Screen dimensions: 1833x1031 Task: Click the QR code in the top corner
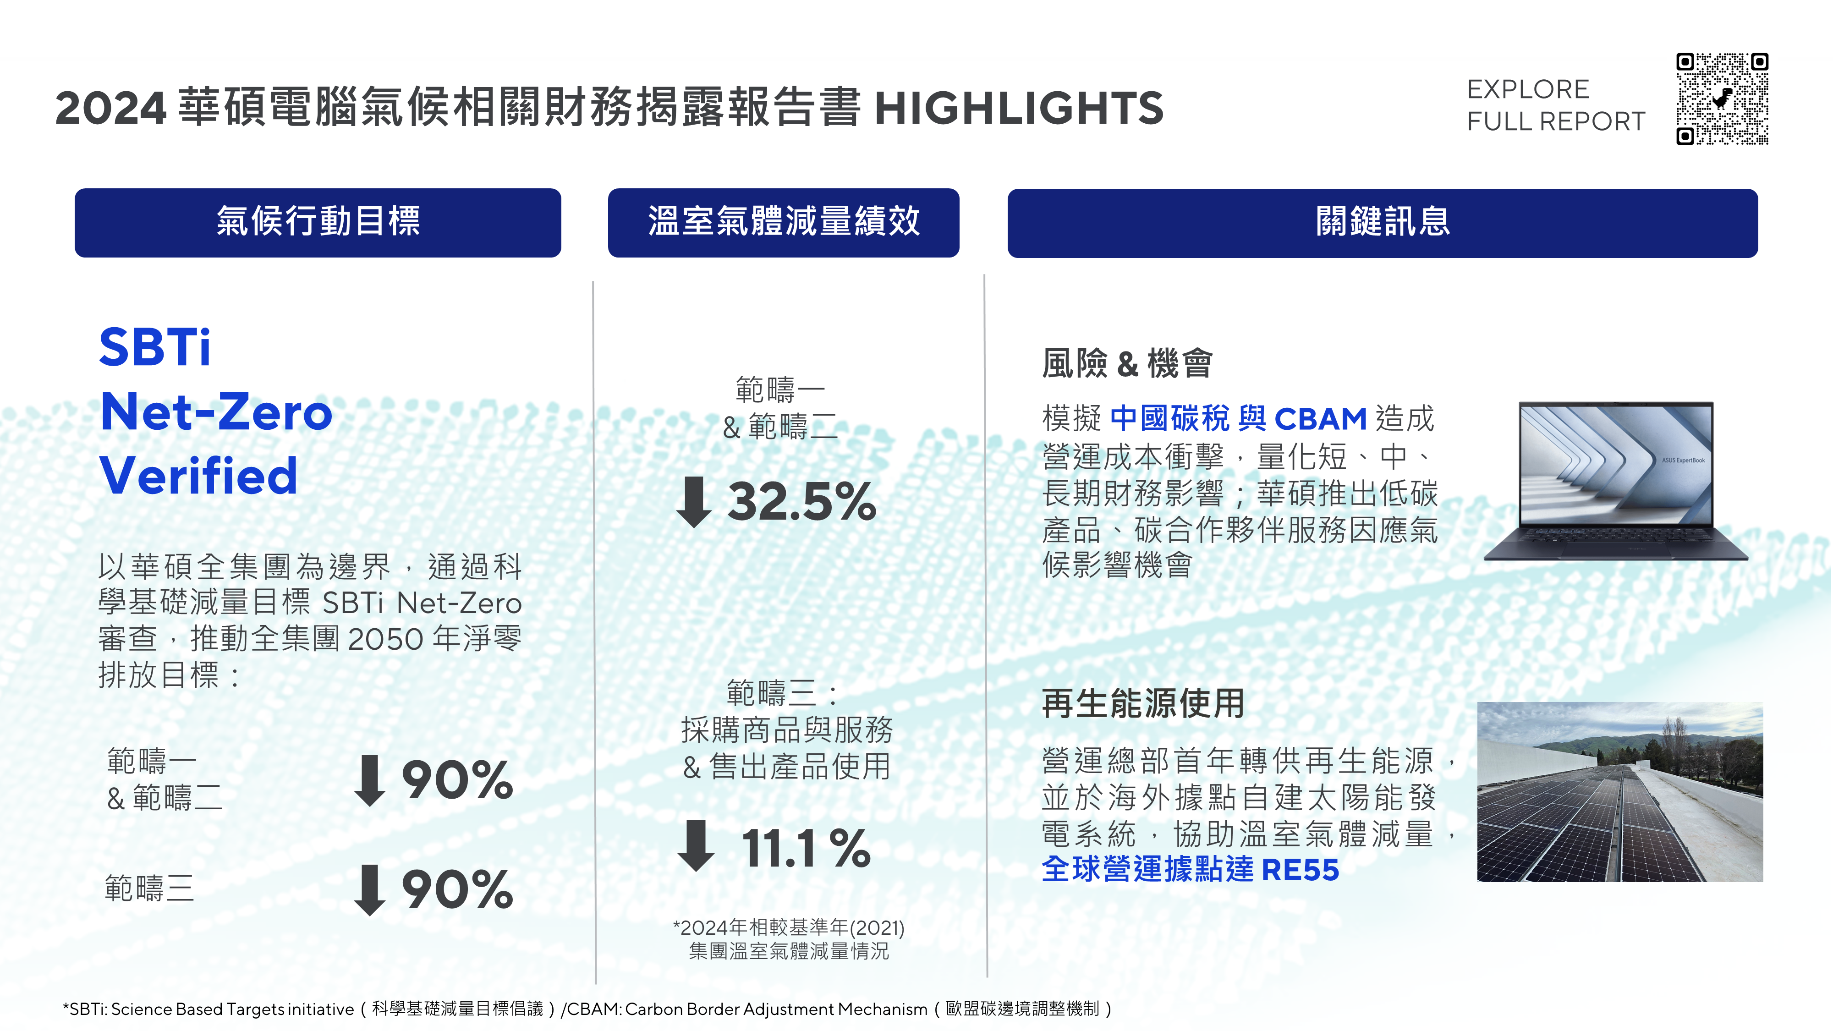(1722, 98)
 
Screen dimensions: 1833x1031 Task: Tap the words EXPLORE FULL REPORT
(1556, 105)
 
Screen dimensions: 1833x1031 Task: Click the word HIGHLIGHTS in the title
(1019, 108)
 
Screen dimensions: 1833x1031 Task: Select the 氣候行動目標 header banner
(318, 223)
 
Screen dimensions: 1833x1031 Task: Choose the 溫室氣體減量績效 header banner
(784, 223)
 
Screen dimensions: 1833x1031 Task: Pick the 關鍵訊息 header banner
(1383, 223)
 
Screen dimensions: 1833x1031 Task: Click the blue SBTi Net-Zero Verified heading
(215, 411)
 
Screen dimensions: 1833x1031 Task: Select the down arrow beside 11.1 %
(696, 846)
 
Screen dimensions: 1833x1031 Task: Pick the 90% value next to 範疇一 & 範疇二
(457, 780)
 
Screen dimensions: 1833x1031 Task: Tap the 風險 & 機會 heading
(1127, 363)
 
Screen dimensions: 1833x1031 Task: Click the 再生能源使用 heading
(1143, 704)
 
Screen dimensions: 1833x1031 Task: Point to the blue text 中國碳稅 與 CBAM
(1238, 418)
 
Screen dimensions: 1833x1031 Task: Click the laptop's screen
(1616, 464)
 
